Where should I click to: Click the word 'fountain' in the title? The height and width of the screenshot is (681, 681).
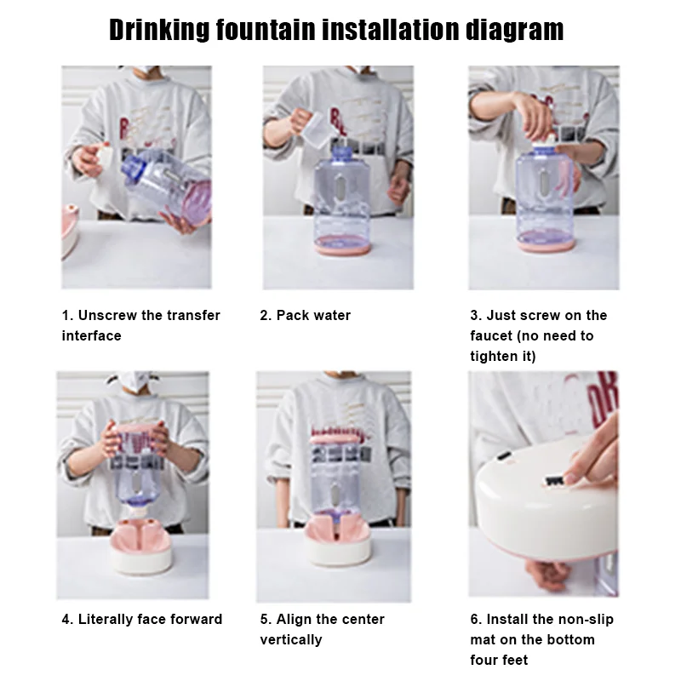(x=266, y=30)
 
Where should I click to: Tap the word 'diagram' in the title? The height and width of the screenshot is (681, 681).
(x=514, y=31)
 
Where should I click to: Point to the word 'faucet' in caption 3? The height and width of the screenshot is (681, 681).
(x=491, y=335)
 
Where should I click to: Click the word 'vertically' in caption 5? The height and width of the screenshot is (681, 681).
(x=291, y=640)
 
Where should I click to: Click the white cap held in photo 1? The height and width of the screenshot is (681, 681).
(x=103, y=157)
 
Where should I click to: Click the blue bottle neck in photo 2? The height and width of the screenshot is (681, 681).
(x=342, y=154)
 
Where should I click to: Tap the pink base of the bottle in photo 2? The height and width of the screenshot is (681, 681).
(x=343, y=247)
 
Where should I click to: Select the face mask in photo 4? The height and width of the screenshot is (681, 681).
(x=134, y=383)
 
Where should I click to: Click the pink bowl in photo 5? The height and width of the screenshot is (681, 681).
(x=337, y=540)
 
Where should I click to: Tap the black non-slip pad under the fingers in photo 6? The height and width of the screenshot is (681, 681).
(x=554, y=481)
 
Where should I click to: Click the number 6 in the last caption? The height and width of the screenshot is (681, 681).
(x=473, y=620)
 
